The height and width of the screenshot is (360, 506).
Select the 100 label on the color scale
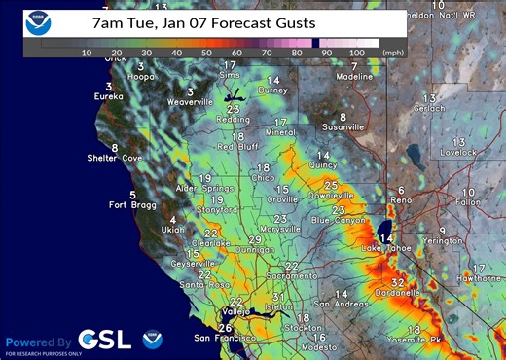pyautogui.click(x=357, y=52)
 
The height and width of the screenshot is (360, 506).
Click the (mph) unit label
pyautogui.click(x=394, y=52)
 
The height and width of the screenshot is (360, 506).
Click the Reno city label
pyautogui.click(x=401, y=200)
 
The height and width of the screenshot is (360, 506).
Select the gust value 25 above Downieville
pyautogui.click(x=331, y=185)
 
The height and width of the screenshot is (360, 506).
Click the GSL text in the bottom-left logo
pyautogui.click(x=99, y=340)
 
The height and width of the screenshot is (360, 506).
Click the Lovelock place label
pyautogui.click(x=458, y=153)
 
